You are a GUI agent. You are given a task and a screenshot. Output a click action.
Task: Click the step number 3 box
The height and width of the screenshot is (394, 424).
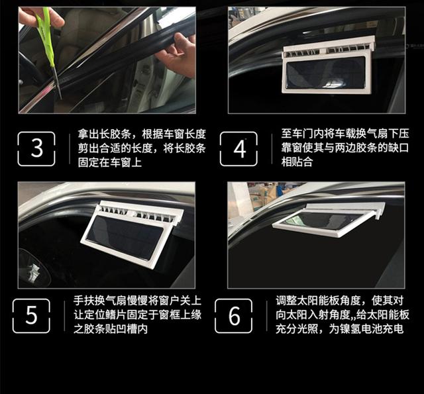(x=36, y=148)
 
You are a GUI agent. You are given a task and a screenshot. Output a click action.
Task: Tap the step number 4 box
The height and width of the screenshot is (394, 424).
(x=238, y=148)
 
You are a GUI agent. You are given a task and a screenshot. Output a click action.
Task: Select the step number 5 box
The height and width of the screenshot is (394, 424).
(x=31, y=316)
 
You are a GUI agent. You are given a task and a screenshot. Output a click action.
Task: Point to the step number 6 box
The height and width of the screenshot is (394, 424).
(x=234, y=316)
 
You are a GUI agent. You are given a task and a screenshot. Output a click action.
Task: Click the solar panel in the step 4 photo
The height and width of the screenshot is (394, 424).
(x=325, y=72)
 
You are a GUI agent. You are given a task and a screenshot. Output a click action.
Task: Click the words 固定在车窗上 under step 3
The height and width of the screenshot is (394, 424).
(x=110, y=162)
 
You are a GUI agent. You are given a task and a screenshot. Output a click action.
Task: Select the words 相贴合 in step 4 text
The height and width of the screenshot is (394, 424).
(x=297, y=162)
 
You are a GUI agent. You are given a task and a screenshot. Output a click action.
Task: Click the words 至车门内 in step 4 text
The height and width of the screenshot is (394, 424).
(x=302, y=134)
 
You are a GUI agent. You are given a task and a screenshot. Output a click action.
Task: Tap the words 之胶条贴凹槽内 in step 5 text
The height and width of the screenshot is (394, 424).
(x=111, y=329)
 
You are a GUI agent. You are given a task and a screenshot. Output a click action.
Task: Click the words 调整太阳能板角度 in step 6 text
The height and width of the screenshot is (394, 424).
(x=318, y=301)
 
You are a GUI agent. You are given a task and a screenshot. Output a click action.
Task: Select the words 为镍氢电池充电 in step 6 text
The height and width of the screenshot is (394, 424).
(x=366, y=329)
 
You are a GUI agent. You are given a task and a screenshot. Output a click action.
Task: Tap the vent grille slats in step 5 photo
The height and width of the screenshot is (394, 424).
(x=138, y=213)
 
